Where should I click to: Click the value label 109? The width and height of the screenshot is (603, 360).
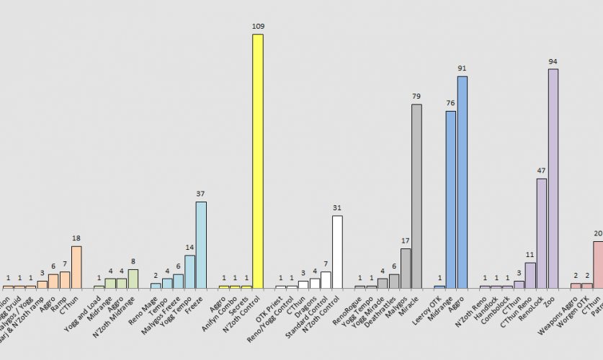(258, 26)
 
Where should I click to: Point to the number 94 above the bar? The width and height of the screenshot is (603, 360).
(553, 61)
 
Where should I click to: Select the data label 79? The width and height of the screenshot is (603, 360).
(416, 96)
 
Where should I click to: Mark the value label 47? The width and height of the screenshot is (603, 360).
(541, 171)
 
